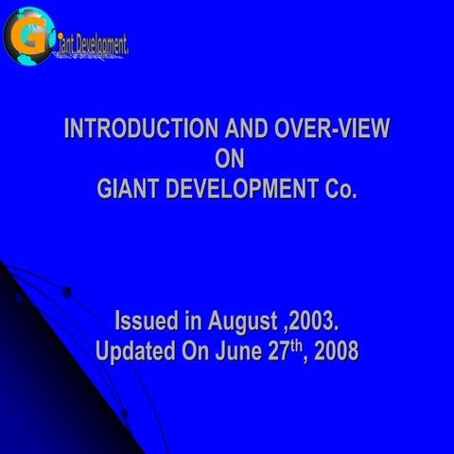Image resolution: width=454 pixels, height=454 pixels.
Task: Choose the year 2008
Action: pos(336,352)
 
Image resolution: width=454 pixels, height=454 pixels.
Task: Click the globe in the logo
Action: pos(27,35)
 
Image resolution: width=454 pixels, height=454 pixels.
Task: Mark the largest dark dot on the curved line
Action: pos(66,292)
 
